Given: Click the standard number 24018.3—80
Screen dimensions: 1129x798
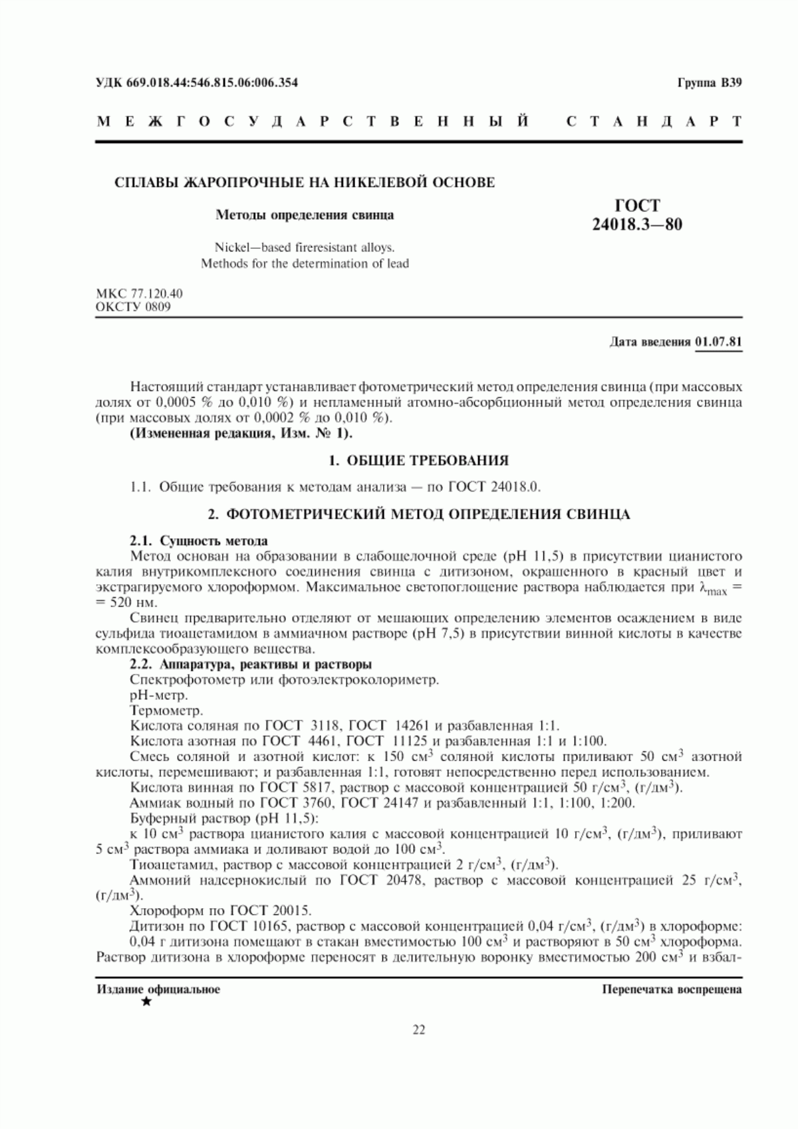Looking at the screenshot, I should pyautogui.click(x=636, y=225).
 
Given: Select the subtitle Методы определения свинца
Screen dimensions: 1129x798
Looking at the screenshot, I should pyautogui.click(x=305, y=215).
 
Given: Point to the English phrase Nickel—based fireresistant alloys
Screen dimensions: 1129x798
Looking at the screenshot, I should pyautogui.click(x=305, y=247).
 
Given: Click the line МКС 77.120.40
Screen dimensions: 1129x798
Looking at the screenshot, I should pyautogui.click(x=140, y=293).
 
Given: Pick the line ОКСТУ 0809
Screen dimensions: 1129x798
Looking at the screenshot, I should pyautogui.click(x=134, y=307).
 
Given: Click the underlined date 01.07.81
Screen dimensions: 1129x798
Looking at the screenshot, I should pyautogui.click(x=718, y=342).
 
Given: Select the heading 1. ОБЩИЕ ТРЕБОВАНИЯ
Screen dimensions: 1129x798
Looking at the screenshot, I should pyautogui.click(x=419, y=460).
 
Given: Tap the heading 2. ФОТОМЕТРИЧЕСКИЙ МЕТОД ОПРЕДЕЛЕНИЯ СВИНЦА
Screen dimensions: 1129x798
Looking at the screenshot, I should pyautogui.click(x=419, y=514).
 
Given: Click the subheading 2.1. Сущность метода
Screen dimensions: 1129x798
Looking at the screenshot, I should pyautogui.click(x=199, y=540).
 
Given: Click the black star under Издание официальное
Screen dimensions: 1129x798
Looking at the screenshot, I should pyautogui.click(x=146, y=1002).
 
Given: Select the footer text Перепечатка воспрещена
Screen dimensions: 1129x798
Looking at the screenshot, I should pyautogui.click(x=672, y=989).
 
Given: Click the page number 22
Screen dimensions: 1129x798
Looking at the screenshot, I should pyautogui.click(x=419, y=1031).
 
